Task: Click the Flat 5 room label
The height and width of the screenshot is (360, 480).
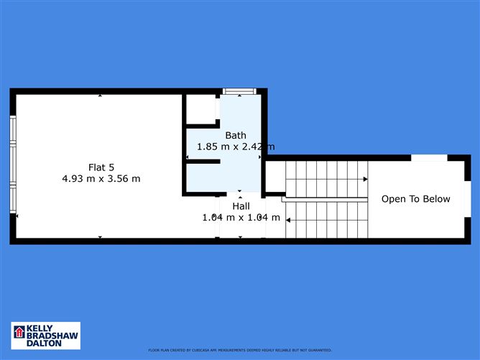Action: (101, 167)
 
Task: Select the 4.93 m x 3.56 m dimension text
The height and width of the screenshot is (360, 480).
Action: (101, 178)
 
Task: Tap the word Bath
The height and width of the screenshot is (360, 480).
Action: (236, 135)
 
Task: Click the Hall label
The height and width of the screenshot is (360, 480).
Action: (241, 205)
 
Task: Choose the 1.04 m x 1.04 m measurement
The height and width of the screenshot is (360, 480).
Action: (241, 216)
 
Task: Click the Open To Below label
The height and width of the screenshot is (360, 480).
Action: (415, 199)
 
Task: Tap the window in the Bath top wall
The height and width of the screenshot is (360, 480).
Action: (239, 91)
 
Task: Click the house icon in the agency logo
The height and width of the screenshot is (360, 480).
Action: (19, 333)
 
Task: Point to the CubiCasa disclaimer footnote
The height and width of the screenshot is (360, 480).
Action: (240, 351)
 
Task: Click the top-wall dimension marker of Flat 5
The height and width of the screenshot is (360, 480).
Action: (100, 95)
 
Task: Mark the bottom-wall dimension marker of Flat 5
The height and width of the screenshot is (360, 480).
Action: (100, 236)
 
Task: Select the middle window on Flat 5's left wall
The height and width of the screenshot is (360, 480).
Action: (12, 165)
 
